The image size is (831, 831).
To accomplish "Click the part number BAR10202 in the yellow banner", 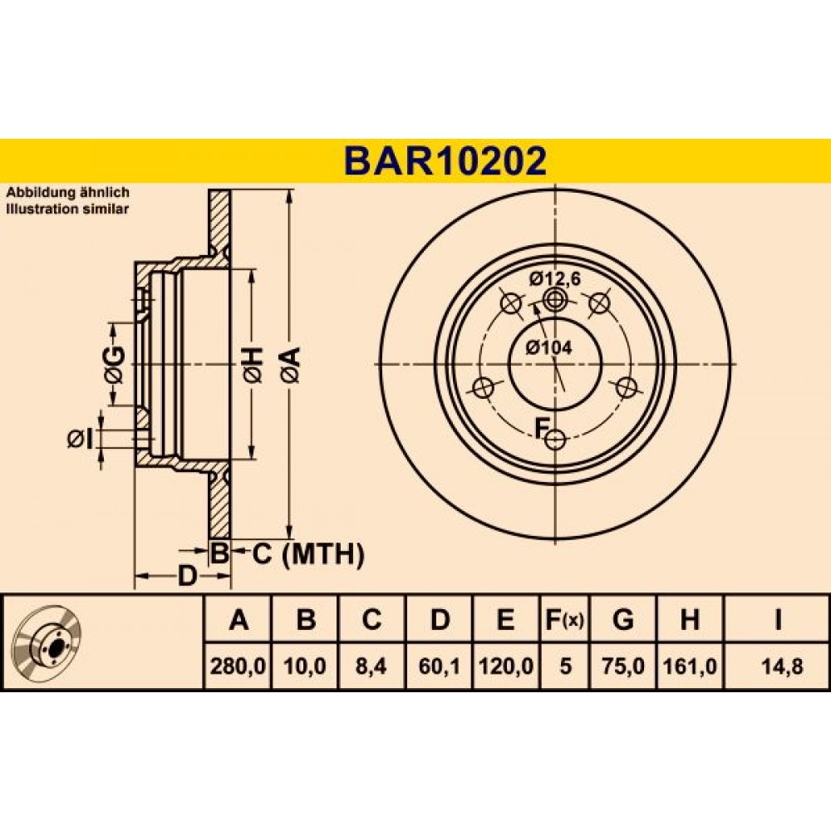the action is tap(445, 160).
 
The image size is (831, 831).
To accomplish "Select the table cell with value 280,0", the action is tap(238, 666).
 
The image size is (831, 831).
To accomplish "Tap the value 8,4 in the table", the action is tap(371, 666).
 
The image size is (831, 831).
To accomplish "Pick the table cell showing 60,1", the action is tap(439, 666).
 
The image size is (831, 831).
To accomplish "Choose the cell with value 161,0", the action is tap(690, 666).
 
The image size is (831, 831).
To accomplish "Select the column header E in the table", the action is tap(505, 619).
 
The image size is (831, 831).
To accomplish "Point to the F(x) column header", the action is tap(564, 619).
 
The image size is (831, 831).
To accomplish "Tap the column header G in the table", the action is tap(622, 619).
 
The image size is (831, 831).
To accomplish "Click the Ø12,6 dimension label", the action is tap(555, 278).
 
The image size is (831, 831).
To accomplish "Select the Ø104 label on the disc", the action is tap(549, 347).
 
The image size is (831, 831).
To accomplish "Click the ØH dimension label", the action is tap(253, 365).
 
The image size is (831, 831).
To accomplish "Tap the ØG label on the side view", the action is tap(115, 365).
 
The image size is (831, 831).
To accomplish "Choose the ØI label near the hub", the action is tap(81, 439).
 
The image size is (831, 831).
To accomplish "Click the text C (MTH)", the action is tap(308, 554).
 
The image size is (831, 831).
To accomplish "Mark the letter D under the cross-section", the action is tap(186, 576).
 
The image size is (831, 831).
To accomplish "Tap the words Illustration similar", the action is tap(67, 209).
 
